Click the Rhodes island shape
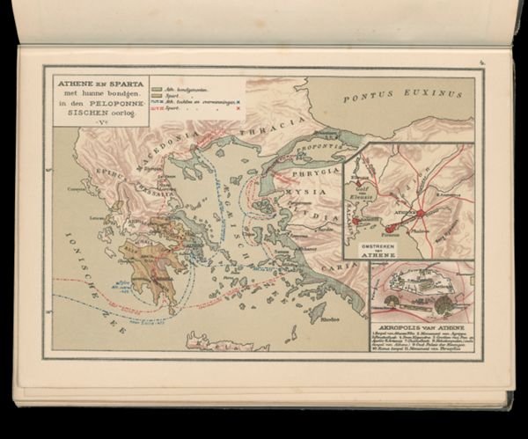click(x=317, y=312)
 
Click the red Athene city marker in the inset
click(x=421, y=213)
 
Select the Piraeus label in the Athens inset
click(x=391, y=236)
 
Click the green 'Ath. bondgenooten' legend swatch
click(x=157, y=89)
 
